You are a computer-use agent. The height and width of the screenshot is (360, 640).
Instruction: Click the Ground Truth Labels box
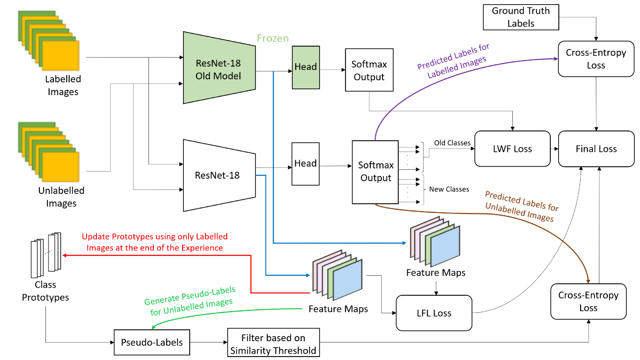point(521,17)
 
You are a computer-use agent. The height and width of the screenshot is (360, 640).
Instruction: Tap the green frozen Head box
point(306,67)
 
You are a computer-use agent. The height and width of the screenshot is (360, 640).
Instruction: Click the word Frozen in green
point(273,38)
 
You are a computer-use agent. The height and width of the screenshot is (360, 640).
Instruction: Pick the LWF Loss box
point(512,149)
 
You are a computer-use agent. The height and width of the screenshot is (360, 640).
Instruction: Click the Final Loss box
point(596,149)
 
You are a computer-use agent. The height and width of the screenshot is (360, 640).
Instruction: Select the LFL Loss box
point(434,313)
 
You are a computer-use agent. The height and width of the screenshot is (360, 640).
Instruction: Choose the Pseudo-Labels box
point(152,342)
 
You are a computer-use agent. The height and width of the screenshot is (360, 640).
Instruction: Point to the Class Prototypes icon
point(46,255)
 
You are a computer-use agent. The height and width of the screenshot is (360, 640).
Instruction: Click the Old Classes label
point(452,143)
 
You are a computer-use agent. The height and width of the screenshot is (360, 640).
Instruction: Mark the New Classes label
point(449,189)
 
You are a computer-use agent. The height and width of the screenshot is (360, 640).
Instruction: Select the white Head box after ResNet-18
point(305,164)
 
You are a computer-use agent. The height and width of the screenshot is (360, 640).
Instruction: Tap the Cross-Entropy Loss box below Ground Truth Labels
point(596,59)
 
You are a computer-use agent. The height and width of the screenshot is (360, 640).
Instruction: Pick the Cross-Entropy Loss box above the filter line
point(588,302)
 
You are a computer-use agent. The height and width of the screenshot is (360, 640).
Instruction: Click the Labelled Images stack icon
point(49,41)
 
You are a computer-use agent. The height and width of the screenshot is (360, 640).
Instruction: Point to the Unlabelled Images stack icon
point(49,152)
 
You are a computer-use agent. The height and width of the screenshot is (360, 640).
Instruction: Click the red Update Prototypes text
point(155,242)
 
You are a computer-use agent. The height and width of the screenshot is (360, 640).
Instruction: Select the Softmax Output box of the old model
point(369,70)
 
